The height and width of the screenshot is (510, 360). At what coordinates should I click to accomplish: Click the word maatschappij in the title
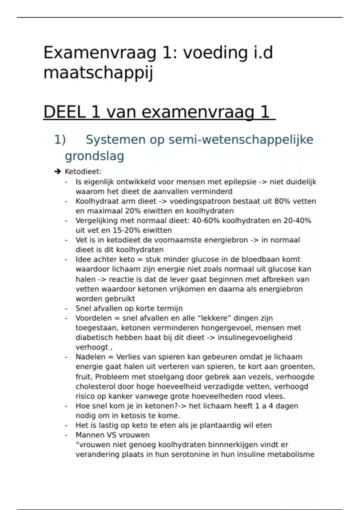[x=98, y=73]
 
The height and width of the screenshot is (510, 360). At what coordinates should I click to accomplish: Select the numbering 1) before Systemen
[x=60, y=140]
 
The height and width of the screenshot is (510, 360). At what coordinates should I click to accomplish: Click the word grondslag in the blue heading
[x=94, y=156]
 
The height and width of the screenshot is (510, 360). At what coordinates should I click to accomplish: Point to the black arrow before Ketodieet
[x=58, y=172]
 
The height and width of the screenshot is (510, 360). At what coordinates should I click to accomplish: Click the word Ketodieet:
[x=83, y=172]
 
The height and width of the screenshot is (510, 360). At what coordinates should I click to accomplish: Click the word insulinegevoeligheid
[x=255, y=337]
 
